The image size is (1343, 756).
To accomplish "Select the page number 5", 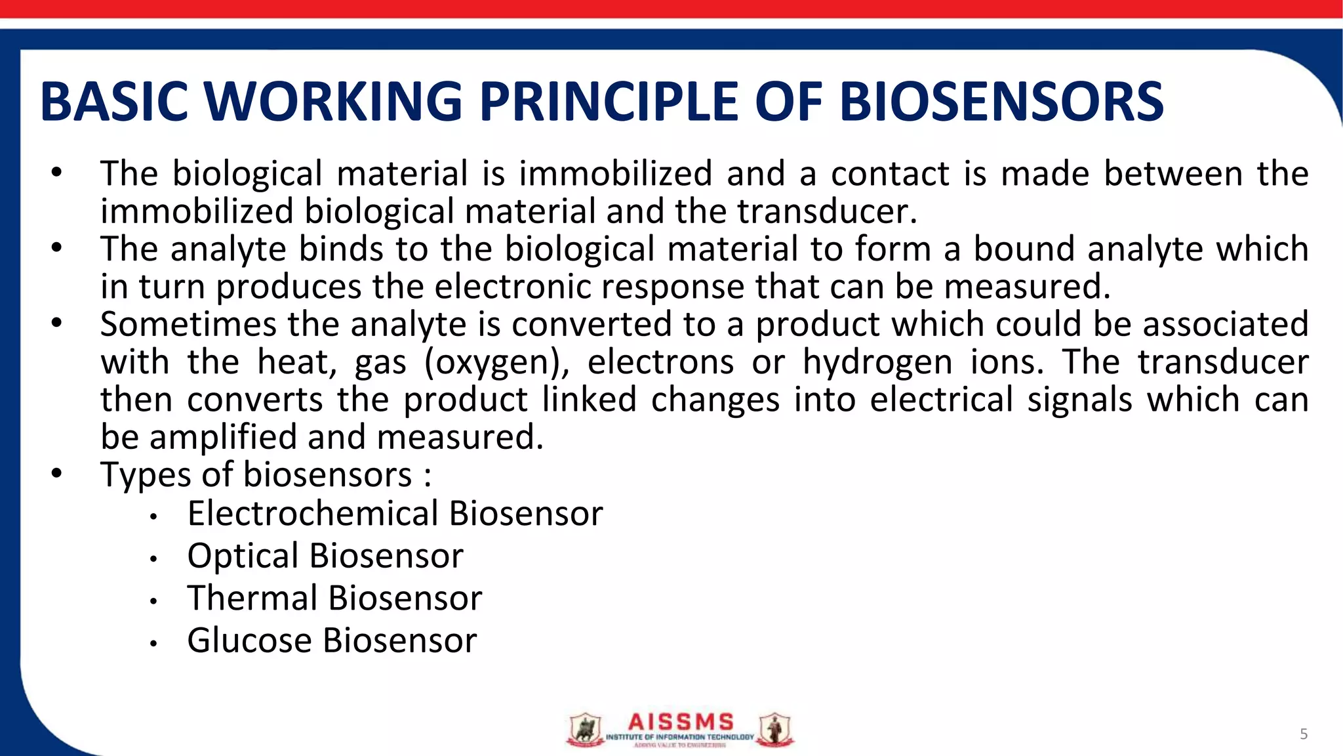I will click(x=1304, y=734).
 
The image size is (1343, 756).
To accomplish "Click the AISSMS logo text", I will click(x=680, y=723).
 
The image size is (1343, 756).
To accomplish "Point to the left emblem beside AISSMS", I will click(x=584, y=730).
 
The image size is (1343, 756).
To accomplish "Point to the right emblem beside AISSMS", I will click(x=775, y=730).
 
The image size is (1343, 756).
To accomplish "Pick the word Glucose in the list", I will click(x=249, y=640).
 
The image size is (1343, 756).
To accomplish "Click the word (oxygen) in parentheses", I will click(x=496, y=363).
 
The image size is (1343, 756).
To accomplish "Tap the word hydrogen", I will click(x=877, y=363).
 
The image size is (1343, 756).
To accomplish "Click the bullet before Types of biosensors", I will click(x=57, y=473).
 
